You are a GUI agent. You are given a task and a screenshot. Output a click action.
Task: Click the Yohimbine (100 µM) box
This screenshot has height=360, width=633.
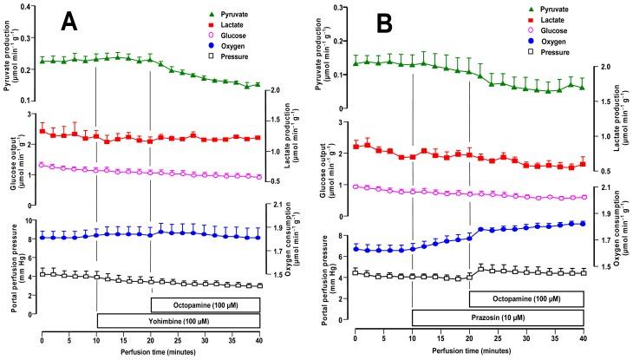(178, 321)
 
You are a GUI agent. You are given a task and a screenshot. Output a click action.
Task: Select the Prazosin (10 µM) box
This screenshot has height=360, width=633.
(497, 319)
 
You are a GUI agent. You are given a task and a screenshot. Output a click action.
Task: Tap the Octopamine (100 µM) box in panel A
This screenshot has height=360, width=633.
(205, 304)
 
